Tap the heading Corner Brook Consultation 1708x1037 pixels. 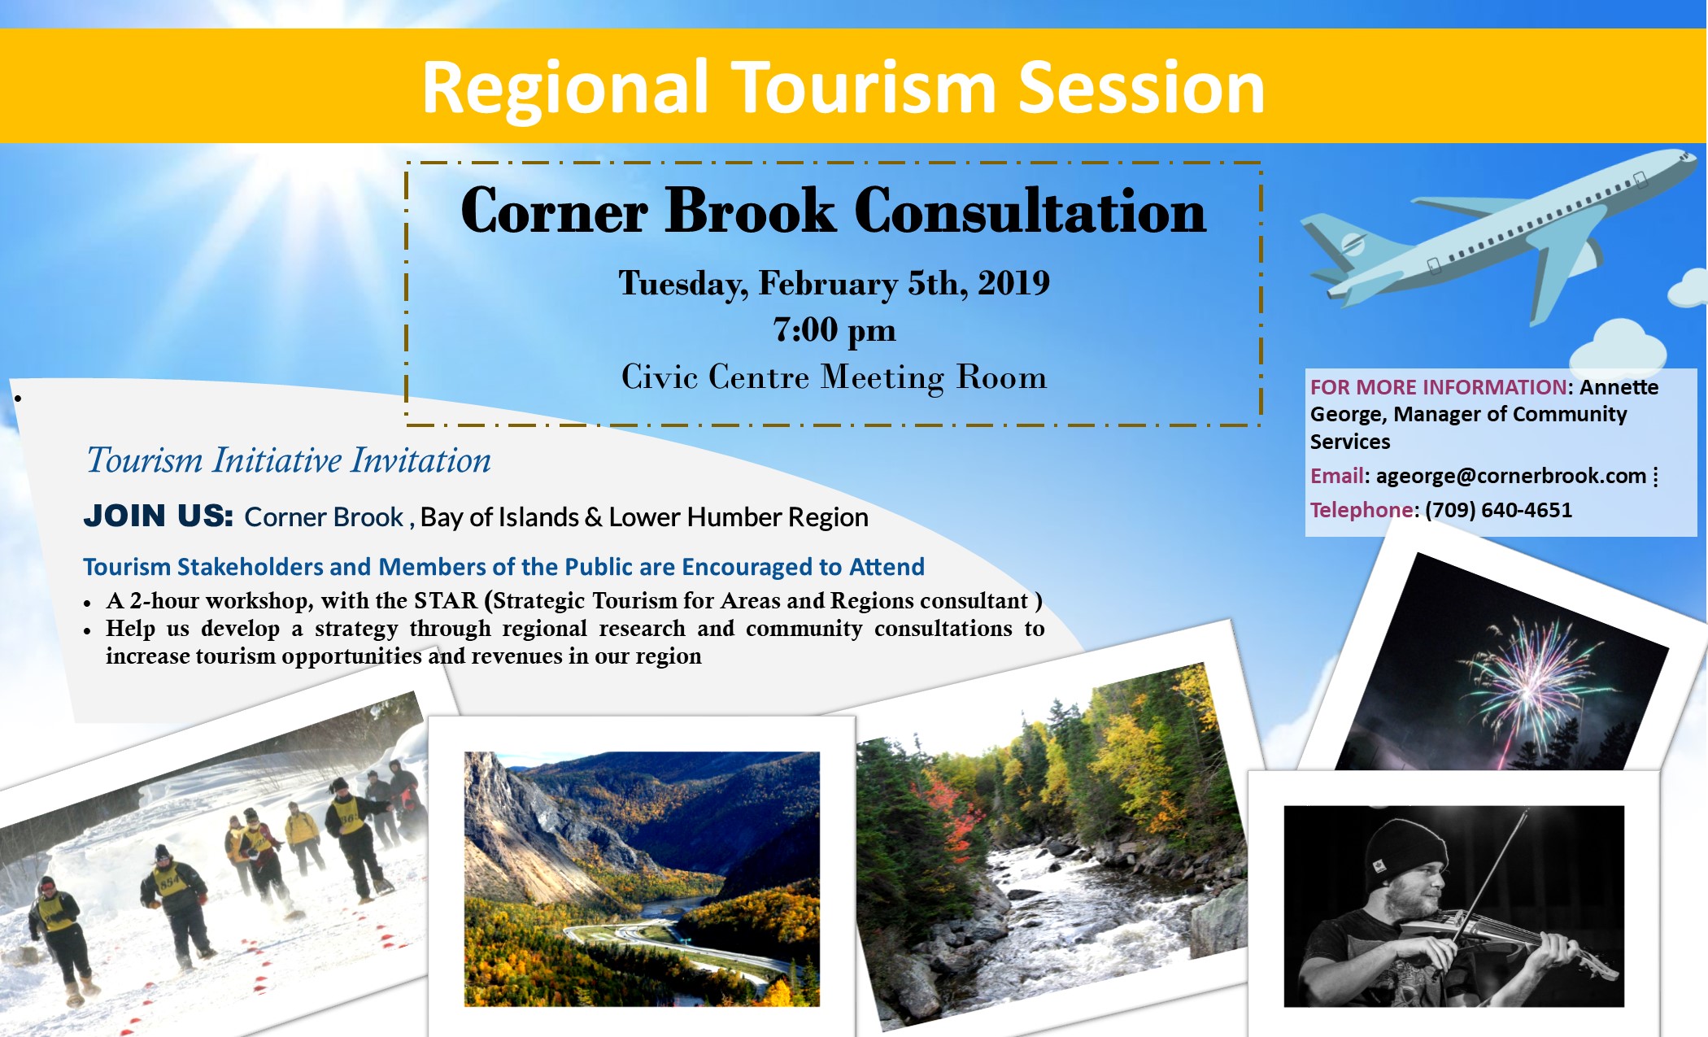834,211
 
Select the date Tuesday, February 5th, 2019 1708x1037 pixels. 834,284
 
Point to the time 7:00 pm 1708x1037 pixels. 834,330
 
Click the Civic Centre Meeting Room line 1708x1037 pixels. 834,377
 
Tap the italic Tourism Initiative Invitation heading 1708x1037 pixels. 289,460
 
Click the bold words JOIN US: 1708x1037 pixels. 159,516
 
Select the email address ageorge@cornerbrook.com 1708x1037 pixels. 1510,476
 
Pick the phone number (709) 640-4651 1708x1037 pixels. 1498,510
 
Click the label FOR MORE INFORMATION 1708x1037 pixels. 1438,387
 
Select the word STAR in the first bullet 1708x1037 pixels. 446,600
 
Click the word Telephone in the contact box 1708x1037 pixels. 1362,510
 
